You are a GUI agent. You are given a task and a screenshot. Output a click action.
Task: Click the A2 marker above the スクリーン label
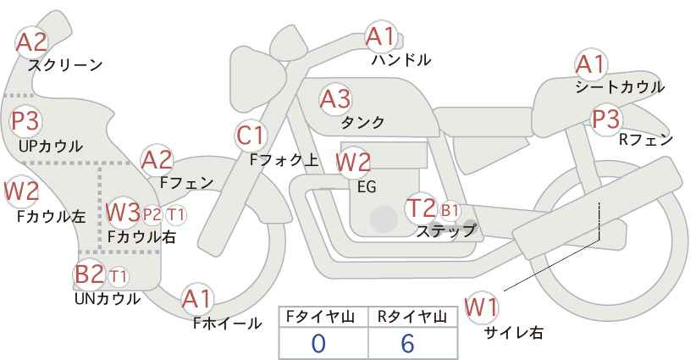tap(31, 42)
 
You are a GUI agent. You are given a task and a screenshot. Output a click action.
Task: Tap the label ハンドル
tap(401, 59)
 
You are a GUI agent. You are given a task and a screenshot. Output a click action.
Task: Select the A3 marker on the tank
tap(335, 99)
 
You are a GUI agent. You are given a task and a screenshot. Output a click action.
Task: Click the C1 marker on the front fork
tap(251, 136)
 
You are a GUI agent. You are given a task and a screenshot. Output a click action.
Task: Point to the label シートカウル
tap(620, 87)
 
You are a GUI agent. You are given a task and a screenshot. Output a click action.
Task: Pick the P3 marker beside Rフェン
tap(606, 119)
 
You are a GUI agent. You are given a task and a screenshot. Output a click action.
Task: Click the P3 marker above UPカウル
tap(25, 121)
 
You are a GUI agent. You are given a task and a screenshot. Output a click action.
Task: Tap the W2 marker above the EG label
tap(353, 162)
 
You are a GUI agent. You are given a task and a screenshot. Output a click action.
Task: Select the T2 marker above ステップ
tap(421, 208)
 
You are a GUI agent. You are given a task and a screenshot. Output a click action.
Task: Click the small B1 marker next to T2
tap(450, 210)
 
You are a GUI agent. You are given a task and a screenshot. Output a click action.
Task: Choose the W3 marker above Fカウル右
tap(124, 212)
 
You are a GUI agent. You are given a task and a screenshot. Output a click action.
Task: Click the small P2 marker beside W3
tap(152, 215)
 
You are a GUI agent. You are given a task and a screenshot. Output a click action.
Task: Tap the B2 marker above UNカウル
tap(89, 274)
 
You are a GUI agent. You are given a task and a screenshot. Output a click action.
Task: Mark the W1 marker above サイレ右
tap(481, 307)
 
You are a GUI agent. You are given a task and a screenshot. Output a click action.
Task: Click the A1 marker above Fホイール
tap(197, 299)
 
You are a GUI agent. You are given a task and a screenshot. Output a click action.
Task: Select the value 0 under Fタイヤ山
tap(318, 344)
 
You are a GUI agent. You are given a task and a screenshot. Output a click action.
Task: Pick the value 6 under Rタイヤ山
tap(407, 344)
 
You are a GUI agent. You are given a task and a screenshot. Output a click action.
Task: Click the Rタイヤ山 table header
tap(412, 317)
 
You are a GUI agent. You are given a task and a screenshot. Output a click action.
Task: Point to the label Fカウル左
tap(52, 216)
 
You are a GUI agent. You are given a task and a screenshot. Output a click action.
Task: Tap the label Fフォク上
tap(284, 160)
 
